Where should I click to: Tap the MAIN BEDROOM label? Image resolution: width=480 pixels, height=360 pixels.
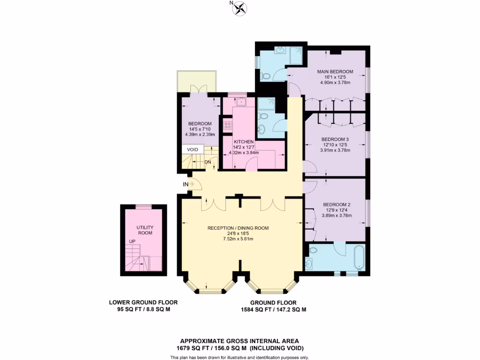(335, 72)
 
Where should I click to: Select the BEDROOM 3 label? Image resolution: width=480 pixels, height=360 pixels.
(335, 139)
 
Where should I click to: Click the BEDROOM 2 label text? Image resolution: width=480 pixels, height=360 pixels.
(337, 204)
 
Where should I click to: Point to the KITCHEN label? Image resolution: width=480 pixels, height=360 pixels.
(243, 142)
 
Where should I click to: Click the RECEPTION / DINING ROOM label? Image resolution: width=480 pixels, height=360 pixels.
(238, 228)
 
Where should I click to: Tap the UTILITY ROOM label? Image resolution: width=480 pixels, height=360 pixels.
(145, 230)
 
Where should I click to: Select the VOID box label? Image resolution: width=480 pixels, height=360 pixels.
(193, 150)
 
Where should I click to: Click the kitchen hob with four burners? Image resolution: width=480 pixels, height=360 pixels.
(228, 125)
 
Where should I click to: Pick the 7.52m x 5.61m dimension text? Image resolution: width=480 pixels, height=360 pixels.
(238, 239)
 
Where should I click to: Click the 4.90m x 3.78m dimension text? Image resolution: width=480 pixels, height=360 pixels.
(335, 82)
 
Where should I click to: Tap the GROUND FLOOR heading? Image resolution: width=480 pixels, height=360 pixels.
(273, 303)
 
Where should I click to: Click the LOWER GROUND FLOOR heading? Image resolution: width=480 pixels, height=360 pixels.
(143, 303)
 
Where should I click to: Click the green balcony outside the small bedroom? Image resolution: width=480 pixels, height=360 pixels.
(196, 82)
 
